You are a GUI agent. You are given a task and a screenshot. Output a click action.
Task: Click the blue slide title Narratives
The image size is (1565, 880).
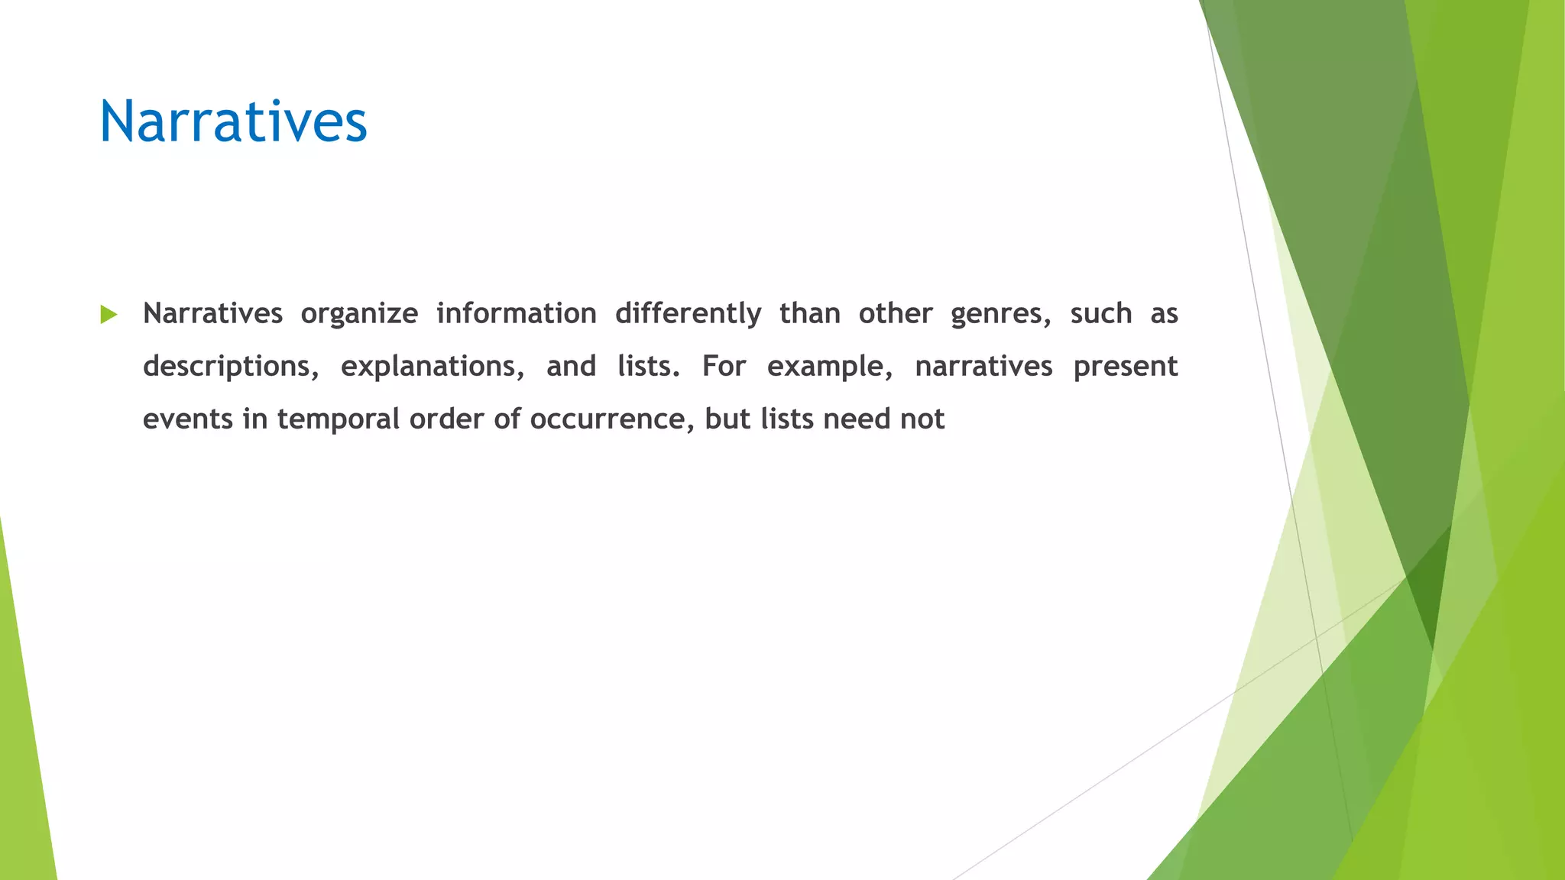233,122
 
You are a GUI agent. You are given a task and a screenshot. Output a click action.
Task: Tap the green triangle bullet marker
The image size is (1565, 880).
109,314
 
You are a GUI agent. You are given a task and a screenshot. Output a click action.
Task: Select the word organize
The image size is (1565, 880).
359,314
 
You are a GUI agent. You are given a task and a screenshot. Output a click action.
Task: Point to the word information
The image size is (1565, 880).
517,313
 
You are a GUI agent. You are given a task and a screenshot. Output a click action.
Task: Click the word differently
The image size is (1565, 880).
688,314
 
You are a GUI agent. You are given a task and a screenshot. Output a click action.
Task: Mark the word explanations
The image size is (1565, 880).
433,367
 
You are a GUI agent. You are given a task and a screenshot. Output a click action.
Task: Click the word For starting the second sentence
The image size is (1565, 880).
724,366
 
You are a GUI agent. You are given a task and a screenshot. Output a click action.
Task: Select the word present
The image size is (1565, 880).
1126,367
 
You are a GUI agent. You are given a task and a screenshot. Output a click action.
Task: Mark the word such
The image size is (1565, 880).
1100,313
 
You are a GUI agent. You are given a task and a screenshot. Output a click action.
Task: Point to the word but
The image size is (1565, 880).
727,419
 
